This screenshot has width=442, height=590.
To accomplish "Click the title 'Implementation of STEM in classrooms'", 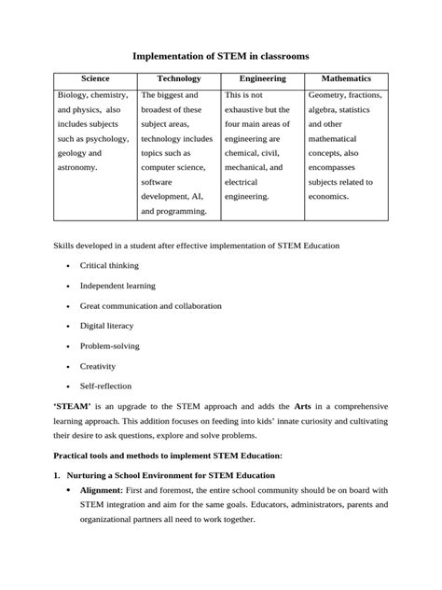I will point(220,57).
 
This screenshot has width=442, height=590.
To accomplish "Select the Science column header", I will point(95,79).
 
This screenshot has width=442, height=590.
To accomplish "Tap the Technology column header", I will point(178,79).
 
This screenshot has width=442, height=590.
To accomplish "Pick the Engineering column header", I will point(263,79).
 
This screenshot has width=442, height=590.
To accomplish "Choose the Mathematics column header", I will point(346,79).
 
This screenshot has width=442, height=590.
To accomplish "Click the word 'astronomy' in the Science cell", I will point(79,168).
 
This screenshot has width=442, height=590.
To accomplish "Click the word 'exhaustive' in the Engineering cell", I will point(247,110).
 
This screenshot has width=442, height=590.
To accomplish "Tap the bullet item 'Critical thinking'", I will point(109,266).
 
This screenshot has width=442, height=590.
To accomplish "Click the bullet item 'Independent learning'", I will point(117,286).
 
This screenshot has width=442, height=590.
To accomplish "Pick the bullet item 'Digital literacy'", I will point(106,326).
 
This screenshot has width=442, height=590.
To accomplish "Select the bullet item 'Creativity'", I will point(98,366).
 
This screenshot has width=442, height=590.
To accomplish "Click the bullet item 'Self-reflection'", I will point(105,386).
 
